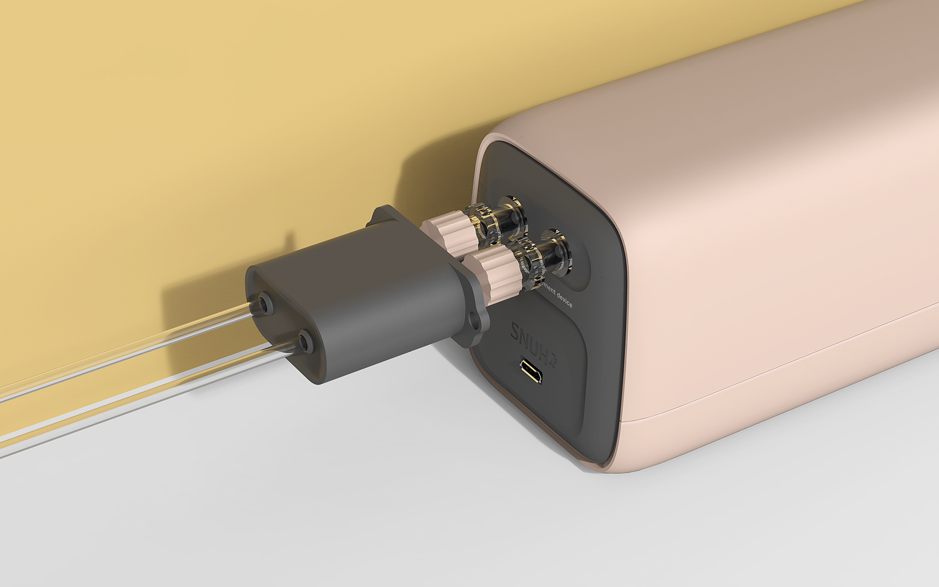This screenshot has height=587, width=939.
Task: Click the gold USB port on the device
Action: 531,372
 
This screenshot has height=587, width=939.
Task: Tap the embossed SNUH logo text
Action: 531,338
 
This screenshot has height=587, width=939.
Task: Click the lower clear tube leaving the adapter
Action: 147,391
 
